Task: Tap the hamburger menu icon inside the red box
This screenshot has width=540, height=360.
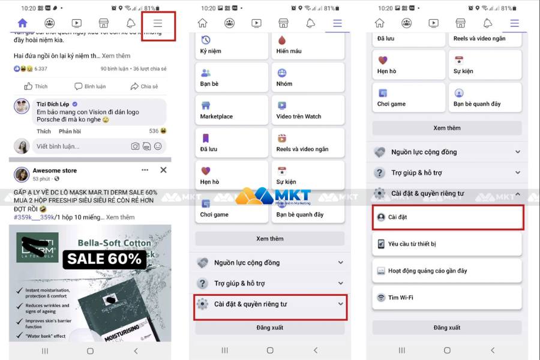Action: coord(158,23)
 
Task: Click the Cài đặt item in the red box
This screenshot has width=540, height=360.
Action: coord(447,217)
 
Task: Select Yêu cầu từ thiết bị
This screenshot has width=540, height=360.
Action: coord(447,244)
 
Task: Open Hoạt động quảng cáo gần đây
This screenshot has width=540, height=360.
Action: coord(447,271)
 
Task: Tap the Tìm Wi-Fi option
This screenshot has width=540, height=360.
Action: coord(447,298)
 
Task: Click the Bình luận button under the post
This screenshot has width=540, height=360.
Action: coord(90,86)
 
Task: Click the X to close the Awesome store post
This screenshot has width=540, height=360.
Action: coord(163,170)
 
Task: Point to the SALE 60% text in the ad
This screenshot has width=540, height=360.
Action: coord(105,259)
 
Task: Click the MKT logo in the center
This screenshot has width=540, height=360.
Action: coord(273,196)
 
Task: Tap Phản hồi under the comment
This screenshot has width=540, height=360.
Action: coord(70,131)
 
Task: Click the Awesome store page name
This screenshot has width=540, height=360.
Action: coord(55,170)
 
